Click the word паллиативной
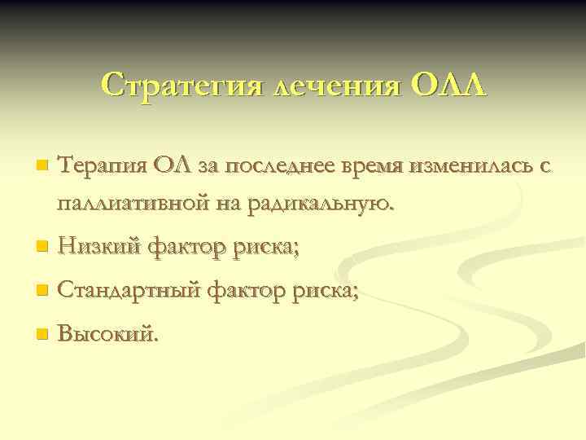tap(133, 203)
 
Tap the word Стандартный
tap(130, 289)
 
